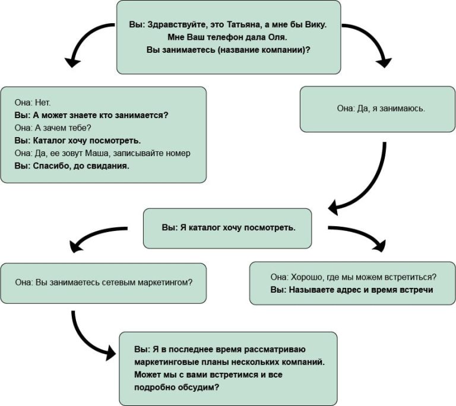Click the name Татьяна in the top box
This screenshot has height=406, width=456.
pos(243,25)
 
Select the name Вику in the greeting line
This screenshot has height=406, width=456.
pos(316,25)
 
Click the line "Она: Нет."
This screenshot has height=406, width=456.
pos(33,102)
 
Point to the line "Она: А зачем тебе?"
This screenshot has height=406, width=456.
pos(53,128)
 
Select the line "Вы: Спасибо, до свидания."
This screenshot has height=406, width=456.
pos(72,166)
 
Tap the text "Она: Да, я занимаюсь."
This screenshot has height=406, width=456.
pos(381,109)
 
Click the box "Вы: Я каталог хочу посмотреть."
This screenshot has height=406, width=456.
pos(227,229)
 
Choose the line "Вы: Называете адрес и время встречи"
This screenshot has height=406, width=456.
pos(352,290)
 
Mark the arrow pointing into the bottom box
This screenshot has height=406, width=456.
pos(84,340)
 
